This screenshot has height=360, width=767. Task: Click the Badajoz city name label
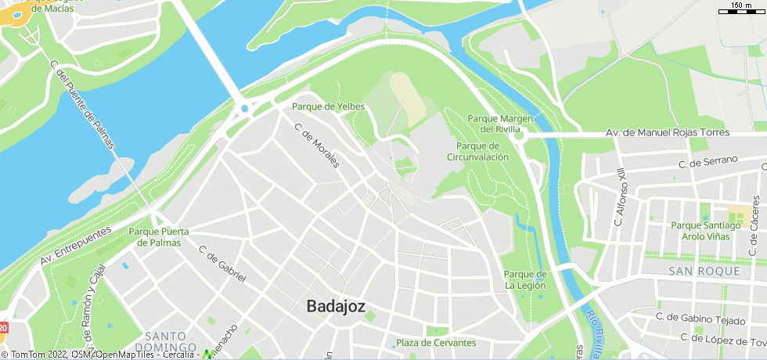click(336, 306)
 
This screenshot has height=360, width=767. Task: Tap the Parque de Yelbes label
click(329, 106)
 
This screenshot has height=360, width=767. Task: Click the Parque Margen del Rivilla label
click(500, 124)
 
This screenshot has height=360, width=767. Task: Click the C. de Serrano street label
click(708, 162)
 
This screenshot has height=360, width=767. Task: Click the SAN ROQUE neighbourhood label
click(704, 271)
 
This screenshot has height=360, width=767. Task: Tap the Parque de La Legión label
click(524, 279)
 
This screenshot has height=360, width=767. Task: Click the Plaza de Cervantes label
click(436, 343)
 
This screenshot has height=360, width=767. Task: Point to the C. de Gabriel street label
click(222, 265)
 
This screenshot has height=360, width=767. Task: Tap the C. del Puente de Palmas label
click(81, 105)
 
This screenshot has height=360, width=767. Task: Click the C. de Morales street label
click(317, 146)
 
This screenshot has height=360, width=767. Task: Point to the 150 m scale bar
click(741, 10)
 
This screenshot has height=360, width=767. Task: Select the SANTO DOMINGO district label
click(164, 341)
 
